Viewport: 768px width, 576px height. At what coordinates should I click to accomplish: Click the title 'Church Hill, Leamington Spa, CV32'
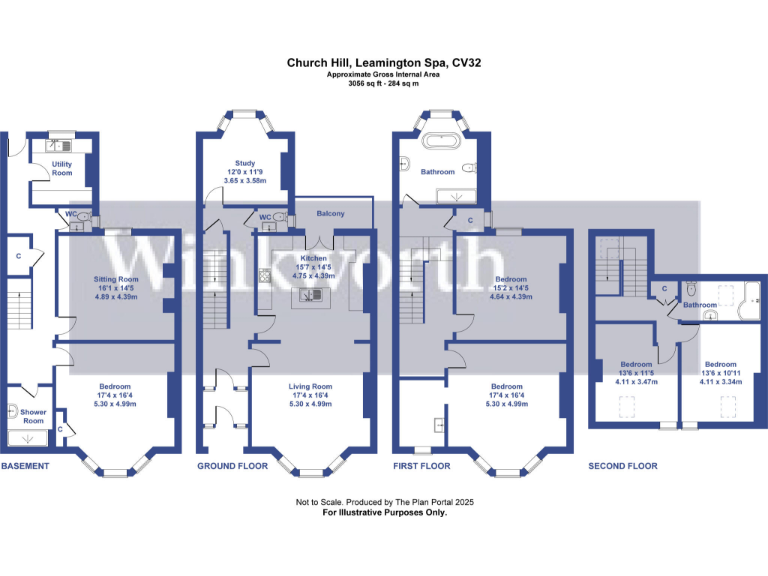point(384,62)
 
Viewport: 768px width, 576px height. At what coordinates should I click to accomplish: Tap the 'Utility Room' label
point(62,168)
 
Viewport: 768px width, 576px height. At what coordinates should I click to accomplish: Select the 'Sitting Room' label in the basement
point(115,279)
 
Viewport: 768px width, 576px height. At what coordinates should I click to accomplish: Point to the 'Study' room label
point(245,163)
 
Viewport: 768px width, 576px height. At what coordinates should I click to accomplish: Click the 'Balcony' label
point(331,214)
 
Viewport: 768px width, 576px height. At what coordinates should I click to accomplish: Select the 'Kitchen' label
point(314,258)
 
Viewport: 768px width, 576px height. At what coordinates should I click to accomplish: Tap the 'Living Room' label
point(311,386)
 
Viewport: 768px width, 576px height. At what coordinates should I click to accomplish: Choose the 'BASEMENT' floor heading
point(26,466)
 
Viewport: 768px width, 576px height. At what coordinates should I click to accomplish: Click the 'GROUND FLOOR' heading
point(232,466)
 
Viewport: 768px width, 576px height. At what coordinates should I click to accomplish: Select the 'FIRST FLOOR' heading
point(423,466)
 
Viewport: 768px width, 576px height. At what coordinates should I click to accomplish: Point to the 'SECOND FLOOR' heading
point(622,466)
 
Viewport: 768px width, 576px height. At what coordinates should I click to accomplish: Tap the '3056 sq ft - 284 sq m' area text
point(384,84)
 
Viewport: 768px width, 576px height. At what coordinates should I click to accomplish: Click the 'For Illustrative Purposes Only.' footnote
point(384,512)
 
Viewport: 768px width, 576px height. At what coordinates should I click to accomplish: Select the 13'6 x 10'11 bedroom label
point(721,364)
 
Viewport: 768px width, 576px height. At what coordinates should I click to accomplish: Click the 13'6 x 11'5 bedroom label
point(637,364)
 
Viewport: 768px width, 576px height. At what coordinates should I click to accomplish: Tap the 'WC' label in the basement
point(71,214)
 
